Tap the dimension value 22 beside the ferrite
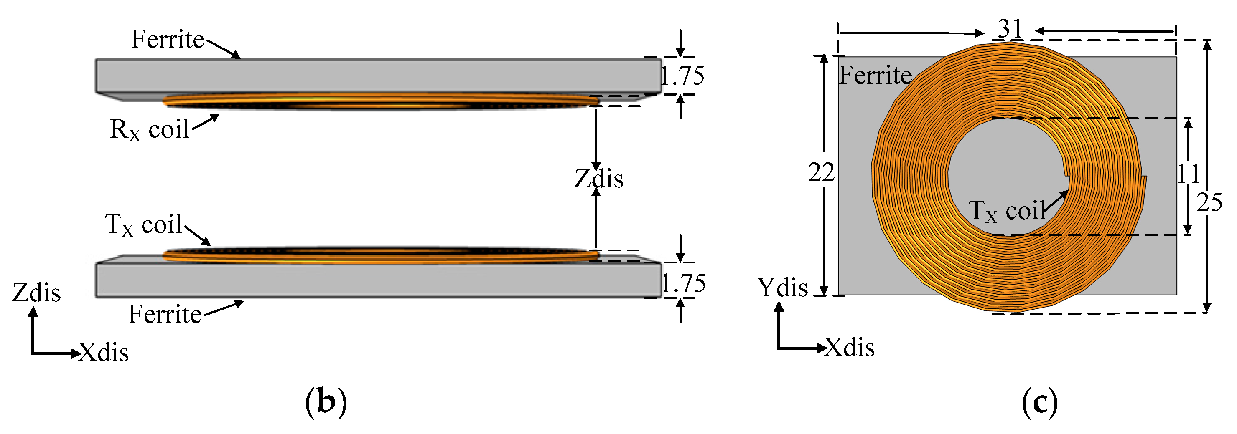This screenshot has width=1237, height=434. pyautogui.click(x=821, y=173)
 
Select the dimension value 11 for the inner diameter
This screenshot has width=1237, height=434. pyautogui.click(x=1188, y=174)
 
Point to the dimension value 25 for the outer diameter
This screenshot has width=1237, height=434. pyautogui.click(x=1209, y=203)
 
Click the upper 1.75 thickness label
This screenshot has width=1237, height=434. pyautogui.click(x=682, y=76)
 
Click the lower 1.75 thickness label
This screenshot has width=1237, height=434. pyautogui.click(x=684, y=283)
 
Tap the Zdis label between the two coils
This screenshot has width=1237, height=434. pyautogui.click(x=599, y=179)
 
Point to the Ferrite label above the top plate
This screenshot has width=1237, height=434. pyautogui.click(x=168, y=39)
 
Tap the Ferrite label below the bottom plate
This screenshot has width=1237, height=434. pyautogui.click(x=165, y=315)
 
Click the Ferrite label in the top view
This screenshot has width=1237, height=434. pyautogui.click(x=875, y=75)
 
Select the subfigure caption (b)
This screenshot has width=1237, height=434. pyautogui.click(x=326, y=402)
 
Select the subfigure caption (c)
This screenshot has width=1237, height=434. pyautogui.click(x=1040, y=402)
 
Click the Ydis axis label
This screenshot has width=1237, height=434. pyautogui.click(x=783, y=288)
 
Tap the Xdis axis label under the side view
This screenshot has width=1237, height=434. pyautogui.click(x=104, y=353)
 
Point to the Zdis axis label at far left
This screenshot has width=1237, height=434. pyautogui.click(x=36, y=293)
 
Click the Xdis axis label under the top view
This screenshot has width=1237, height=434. pyautogui.click(x=850, y=347)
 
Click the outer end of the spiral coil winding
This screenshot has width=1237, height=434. pyautogui.click(x=1144, y=179)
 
